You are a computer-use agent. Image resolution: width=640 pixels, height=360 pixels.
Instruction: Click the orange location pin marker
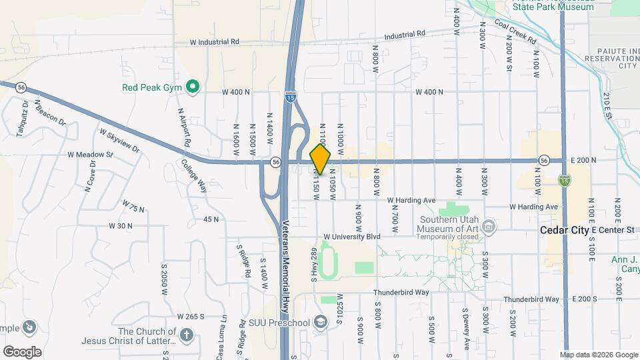click(321, 159)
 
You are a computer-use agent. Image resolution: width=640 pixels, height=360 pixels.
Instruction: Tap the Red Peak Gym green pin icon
click(193, 87)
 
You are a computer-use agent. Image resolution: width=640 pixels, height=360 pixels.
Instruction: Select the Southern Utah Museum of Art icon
click(489, 227)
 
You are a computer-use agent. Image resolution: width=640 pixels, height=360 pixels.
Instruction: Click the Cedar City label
click(564, 230)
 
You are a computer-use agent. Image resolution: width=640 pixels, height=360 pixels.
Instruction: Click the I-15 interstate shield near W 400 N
click(289, 97)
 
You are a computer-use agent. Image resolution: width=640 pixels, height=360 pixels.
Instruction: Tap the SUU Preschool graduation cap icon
click(321, 323)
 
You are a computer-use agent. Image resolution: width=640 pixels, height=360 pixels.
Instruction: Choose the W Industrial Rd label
click(215, 41)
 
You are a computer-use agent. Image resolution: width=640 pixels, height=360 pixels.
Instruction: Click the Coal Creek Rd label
click(515, 31)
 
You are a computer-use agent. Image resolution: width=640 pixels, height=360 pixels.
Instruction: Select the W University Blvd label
click(351, 237)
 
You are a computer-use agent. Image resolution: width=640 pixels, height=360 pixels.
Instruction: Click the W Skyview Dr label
click(120, 140)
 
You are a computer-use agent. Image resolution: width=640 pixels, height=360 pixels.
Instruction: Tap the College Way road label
click(194, 177)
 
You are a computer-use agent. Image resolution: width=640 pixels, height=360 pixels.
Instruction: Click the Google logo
click(22, 351)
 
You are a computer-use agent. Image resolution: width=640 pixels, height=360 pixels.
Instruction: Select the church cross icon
click(187, 335)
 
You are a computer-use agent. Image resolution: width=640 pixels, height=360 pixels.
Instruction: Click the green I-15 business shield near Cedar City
click(565, 180)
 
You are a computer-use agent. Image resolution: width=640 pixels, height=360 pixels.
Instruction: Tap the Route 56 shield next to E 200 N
click(544, 160)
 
